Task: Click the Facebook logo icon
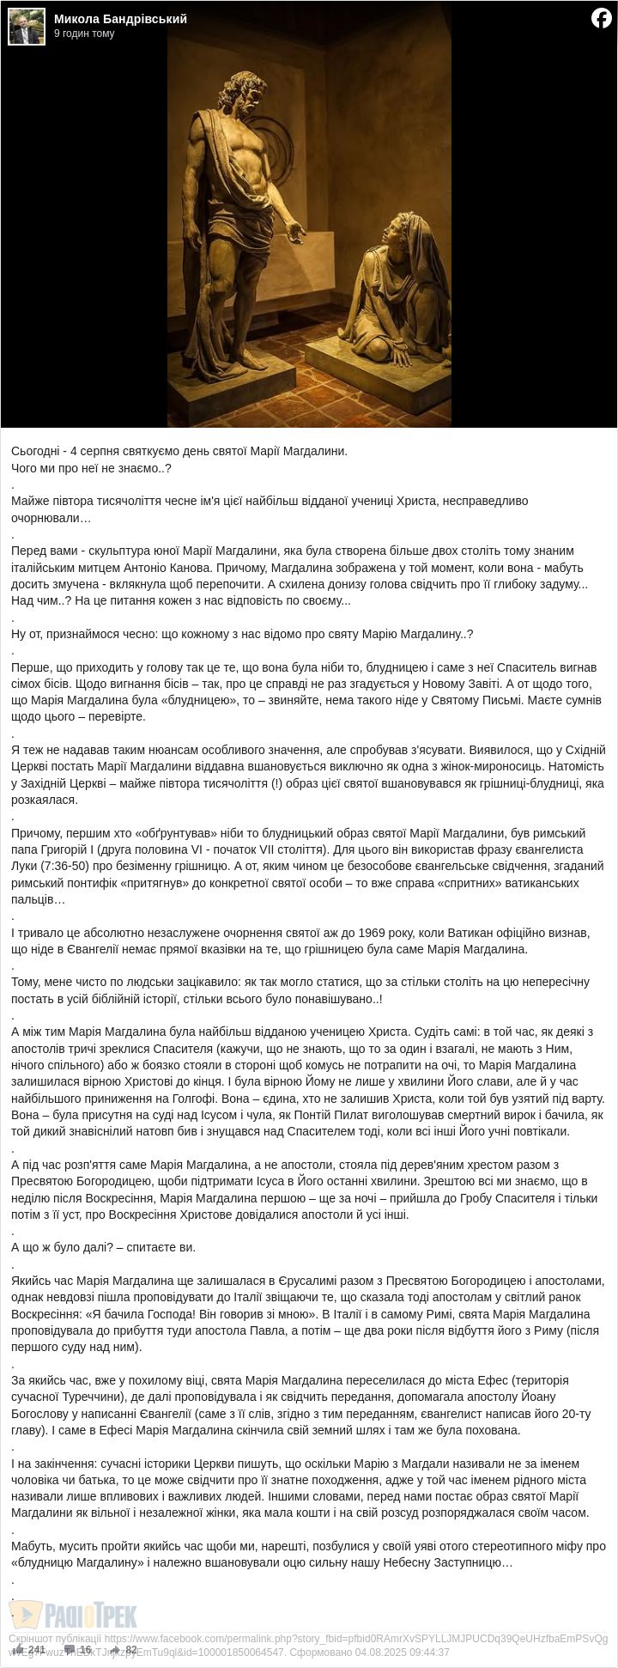coord(601,18)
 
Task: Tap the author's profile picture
coord(26,26)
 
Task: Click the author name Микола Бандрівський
coord(120,19)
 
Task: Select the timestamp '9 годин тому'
coord(84,33)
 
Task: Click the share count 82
coord(130,1650)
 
